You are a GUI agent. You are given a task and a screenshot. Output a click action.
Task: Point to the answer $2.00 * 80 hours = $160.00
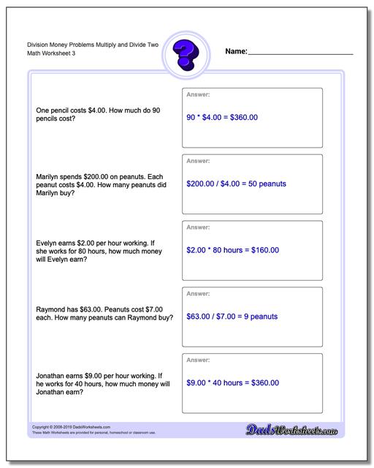[232, 250]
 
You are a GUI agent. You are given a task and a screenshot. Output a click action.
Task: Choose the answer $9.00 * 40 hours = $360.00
[232, 382]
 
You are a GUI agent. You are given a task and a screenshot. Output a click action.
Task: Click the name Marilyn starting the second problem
[48, 176]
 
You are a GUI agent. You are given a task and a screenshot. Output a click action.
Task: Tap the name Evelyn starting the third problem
[47, 243]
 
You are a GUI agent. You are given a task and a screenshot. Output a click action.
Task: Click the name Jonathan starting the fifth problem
[50, 375]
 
